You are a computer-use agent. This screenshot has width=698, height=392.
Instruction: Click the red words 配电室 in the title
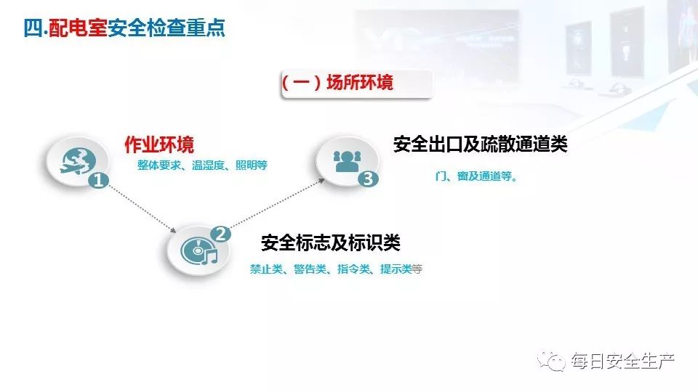point(78,28)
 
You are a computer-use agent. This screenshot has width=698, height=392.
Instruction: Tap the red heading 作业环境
point(159,144)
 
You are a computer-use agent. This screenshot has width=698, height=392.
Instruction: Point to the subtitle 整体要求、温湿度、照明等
point(202,166)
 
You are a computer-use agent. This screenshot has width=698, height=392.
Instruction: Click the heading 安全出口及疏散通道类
point(480,144)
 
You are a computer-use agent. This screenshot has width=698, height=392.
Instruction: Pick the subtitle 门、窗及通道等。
point(476,176)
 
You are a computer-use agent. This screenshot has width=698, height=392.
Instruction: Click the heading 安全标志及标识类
point(330,242)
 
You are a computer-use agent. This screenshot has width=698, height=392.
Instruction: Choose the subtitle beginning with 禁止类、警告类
point(335,269)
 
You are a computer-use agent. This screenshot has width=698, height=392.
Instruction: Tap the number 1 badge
point(97,180)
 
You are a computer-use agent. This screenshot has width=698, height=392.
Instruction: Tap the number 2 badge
point(220,233)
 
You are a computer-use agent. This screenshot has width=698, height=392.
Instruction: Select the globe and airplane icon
point(73,159)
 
